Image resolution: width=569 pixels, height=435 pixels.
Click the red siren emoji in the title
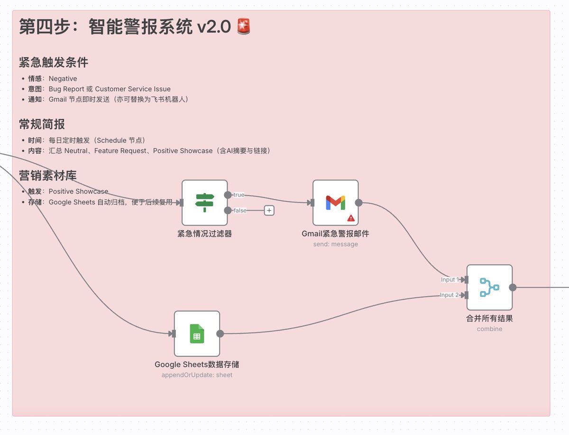click(x=244, y=27)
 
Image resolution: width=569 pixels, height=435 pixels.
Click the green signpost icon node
click(x=205, y=203)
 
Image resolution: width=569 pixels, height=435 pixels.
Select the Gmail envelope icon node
click(x=335, y=203)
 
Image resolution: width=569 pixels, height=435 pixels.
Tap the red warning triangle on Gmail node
click(x=351, y=218)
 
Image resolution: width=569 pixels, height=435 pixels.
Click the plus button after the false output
click(x=269, y=210)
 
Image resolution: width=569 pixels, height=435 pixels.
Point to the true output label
click(x=239, y=195)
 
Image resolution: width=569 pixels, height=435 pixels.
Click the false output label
click(x=240, y=210)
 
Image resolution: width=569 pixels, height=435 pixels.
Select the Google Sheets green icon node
click(x=197, y=333)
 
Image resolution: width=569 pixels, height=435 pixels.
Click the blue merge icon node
click(x=489, y=287)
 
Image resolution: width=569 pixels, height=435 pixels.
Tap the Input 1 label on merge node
click(x=450, y=280)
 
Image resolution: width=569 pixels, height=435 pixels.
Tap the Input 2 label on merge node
click(x=449, y=295)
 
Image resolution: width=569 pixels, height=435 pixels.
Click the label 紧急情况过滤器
click(x=205, y=233)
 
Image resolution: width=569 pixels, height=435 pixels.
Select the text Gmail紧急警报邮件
click(x=335, y=233)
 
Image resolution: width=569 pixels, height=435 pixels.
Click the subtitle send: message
click(x=335, y=244)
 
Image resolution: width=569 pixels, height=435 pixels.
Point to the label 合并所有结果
click(x=489, y=318)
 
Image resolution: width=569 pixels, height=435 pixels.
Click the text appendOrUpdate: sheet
click(x=197, y=375)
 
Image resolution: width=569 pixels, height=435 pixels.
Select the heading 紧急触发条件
click(x=54, y=63)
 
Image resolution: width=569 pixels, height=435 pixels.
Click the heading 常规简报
click(x=42, y=124)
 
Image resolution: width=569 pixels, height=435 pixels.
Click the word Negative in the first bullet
click(x=63, y=79)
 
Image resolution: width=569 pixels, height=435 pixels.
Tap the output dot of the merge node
click(x=513, y=287)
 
